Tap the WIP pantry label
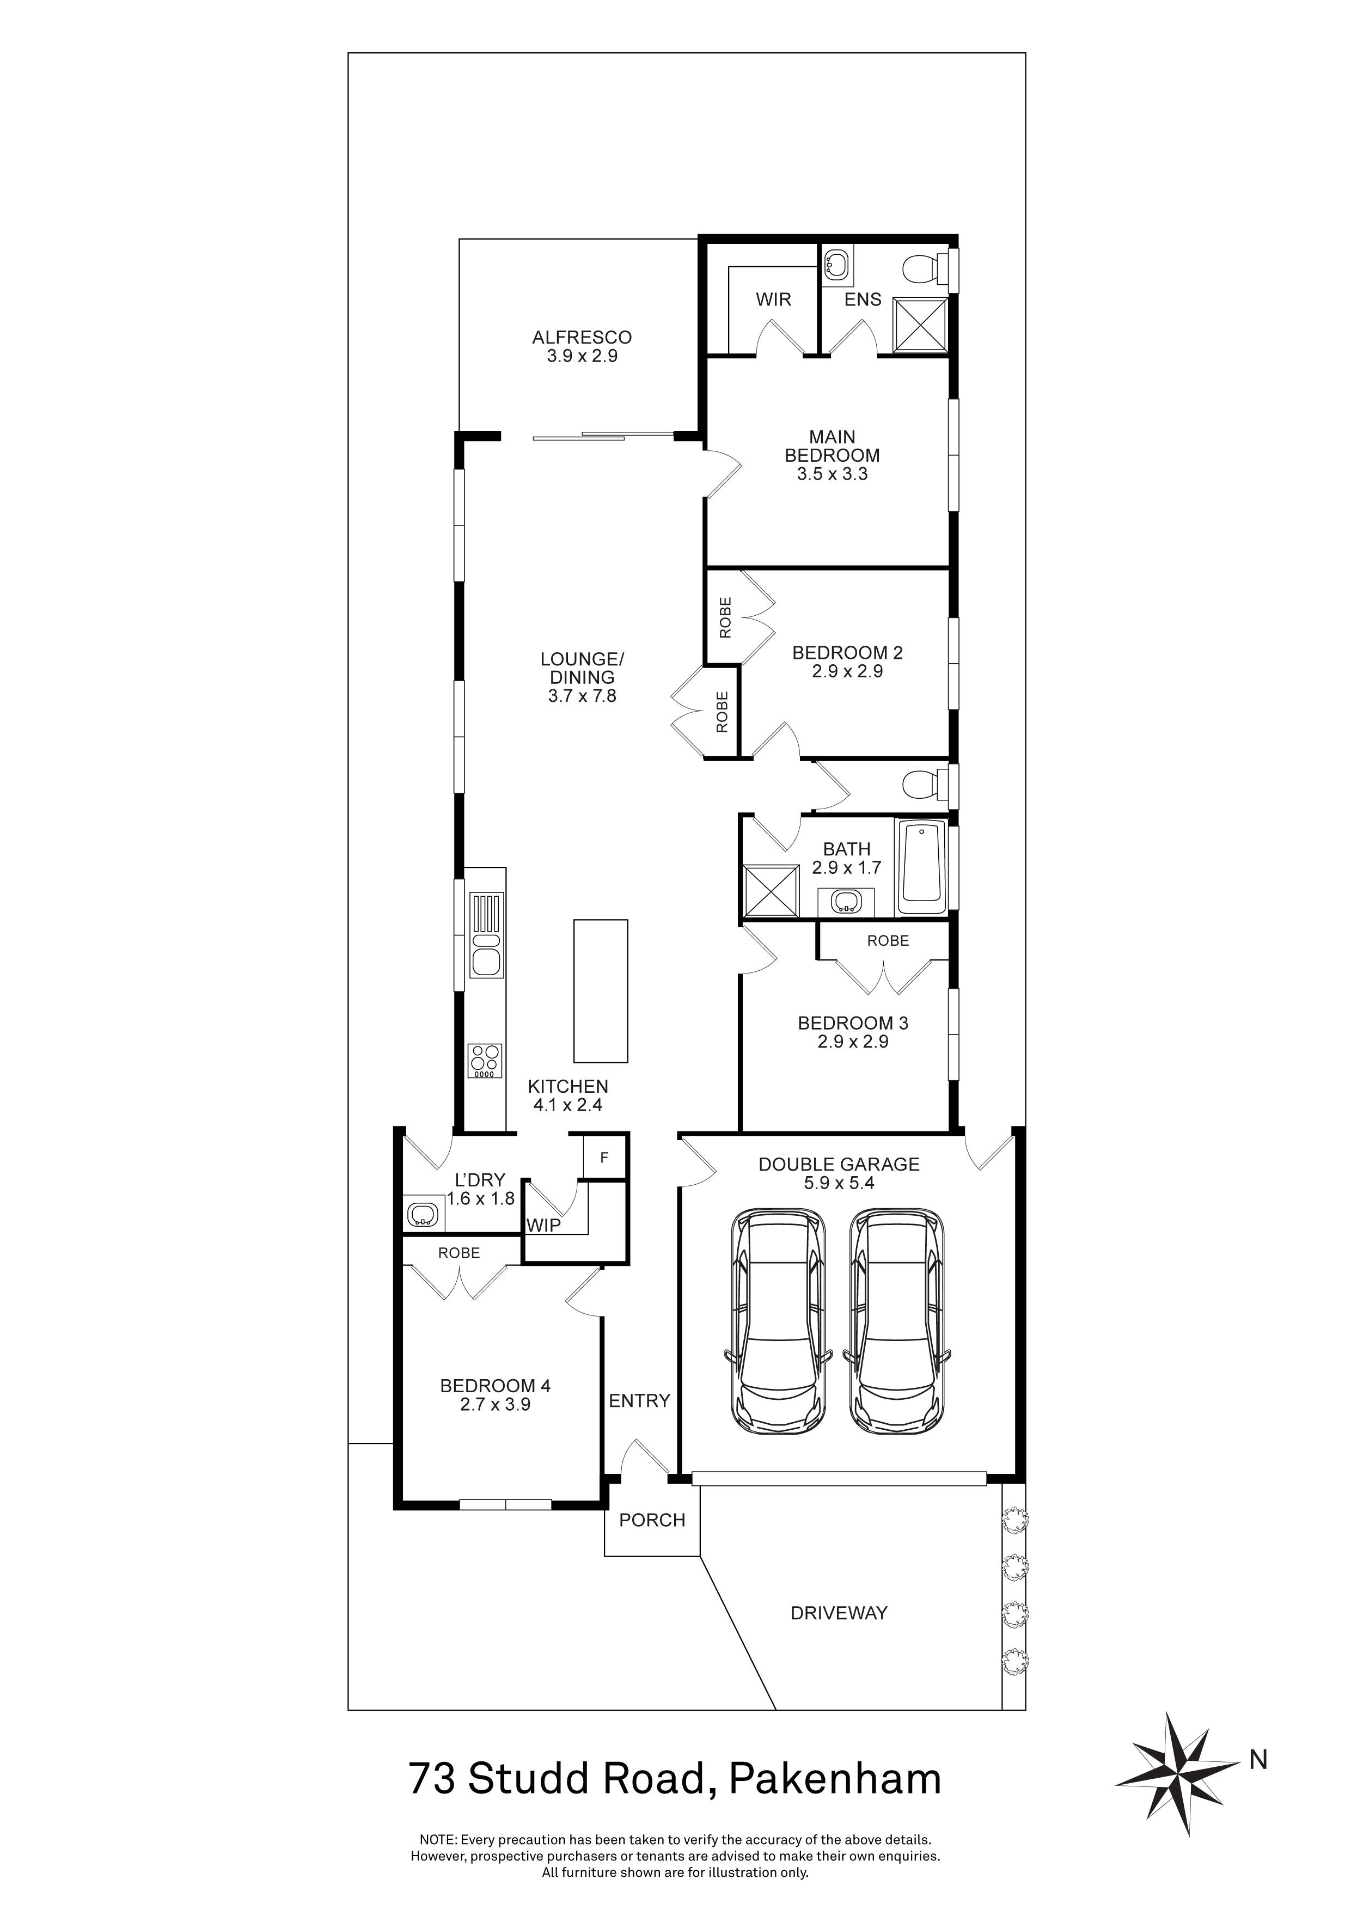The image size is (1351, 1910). click(x=543, y=1226)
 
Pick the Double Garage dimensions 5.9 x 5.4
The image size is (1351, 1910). click(x=839, y=1183)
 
